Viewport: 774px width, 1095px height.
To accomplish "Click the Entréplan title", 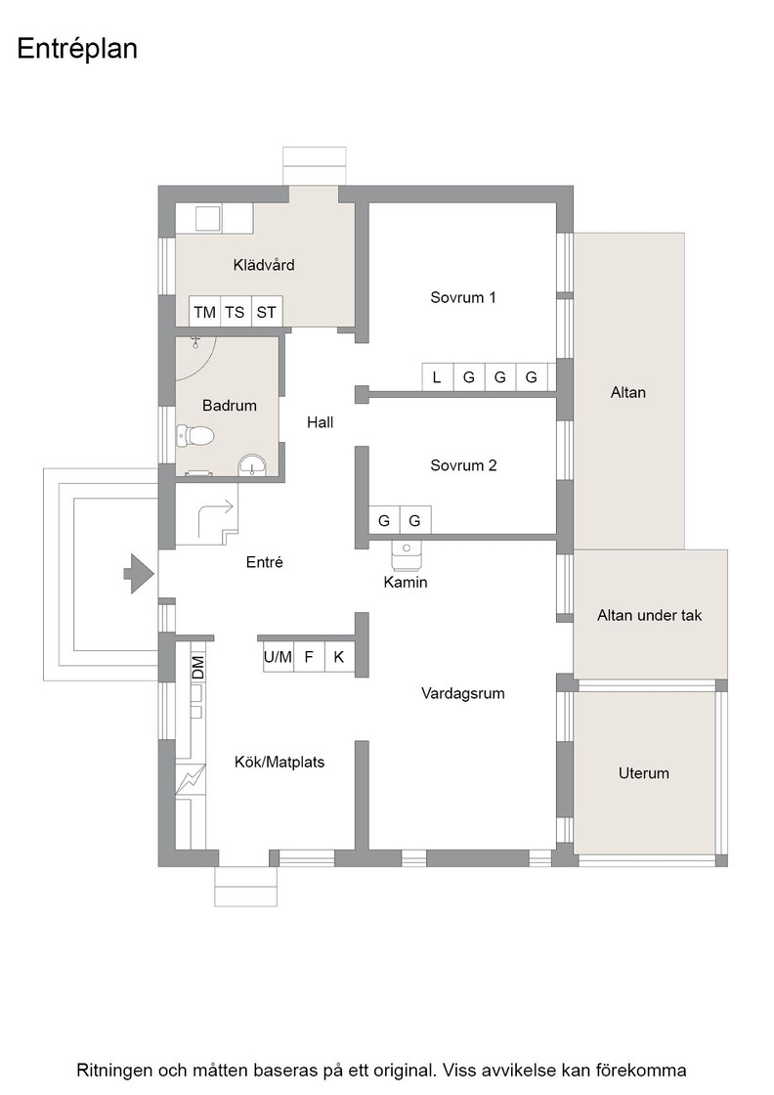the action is click(x=77, y=49).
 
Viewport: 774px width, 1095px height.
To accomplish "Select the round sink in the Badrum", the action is click(x=252, y=464).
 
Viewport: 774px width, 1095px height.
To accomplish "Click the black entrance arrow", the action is click(x=139, y=573).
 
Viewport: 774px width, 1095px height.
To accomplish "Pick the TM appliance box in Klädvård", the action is click(x=204, y=312).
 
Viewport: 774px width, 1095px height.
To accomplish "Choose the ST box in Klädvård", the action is click(x=266, y=312).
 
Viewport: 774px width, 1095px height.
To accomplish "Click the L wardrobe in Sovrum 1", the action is click(x=437, y=377).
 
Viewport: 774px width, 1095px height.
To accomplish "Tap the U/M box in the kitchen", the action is click(x=278, y=657).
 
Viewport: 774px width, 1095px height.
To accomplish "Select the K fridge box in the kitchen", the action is click(x=339, y=657).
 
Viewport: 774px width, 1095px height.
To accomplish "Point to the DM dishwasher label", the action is click(x=198, y=669).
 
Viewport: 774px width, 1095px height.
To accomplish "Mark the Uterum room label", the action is click(x=643, y=773).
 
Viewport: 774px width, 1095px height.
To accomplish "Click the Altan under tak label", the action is click(x=649, y=615).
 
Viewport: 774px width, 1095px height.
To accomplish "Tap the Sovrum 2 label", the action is click(x=463, y=465).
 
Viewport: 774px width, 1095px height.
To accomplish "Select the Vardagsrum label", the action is click(x=462, y=693).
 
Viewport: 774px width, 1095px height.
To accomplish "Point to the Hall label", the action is click(x=321, y=421).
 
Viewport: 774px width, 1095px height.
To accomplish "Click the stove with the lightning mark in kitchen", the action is click(x=191, y=778).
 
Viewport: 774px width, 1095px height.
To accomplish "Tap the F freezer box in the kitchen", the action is click(x=309, y=657).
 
